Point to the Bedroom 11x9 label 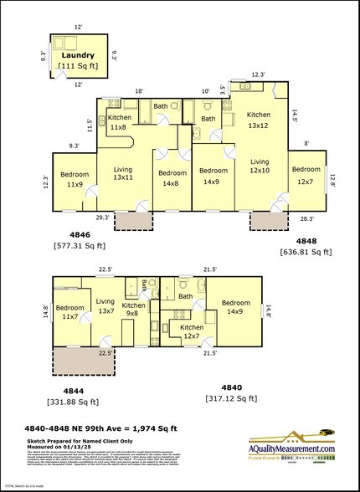pos(74,179)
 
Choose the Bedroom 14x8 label pos(172,177)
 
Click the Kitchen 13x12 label pos(259,120)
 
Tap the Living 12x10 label pos(260,167)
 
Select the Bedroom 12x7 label pos(306,174)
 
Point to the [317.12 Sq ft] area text pos(231,398)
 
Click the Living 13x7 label pos(106,305)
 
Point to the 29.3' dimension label pos(101,218)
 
